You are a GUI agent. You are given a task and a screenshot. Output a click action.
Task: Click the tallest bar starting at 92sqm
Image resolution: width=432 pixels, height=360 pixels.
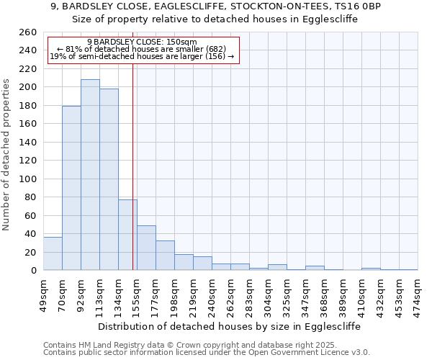pyautogui.click(x=90, y=175)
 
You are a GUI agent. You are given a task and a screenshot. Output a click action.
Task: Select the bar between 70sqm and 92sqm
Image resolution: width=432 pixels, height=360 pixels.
pyautogui.click(x=71, y=188)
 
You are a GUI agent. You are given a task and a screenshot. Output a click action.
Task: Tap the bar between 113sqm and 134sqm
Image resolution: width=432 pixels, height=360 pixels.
pyautogui.click(x=109, y=179)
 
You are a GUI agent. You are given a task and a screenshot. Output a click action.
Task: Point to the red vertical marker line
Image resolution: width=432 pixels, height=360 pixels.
pyautogui.click(x=133, y=166)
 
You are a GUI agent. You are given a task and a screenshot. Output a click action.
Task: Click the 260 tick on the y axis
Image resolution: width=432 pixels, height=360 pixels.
pyautogui.click(x=27, y=32)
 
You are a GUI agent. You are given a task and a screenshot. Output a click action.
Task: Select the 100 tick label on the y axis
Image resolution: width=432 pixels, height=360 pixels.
pyautogui.click(x=27, y=179)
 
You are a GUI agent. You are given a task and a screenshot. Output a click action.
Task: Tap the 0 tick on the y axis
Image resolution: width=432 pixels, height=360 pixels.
pyautogui.click(x=33, y=271)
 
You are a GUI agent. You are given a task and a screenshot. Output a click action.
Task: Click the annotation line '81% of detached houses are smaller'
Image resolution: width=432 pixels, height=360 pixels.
pyautogui.click(x=141, y=49)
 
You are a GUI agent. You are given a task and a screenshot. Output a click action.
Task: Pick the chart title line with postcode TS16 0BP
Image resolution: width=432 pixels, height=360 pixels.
pyautogui.click(x=216, y=6)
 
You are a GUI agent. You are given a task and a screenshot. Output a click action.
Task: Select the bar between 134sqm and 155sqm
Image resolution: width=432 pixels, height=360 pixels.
pyautogui.click(x=127, y=235)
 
